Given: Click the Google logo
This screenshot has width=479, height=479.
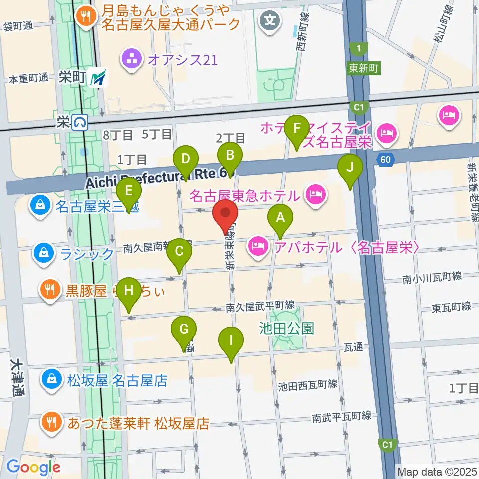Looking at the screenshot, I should click(34, 468).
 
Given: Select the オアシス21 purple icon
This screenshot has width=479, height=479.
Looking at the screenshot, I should click(131, 60).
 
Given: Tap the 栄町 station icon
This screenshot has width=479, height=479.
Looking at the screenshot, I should click(98, 78).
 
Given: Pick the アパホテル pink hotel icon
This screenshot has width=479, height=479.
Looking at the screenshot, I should click(258, 245).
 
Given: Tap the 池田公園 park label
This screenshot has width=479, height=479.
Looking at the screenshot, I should click(287, 328).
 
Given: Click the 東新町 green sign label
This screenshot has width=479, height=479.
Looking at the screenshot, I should click(363, 68).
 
